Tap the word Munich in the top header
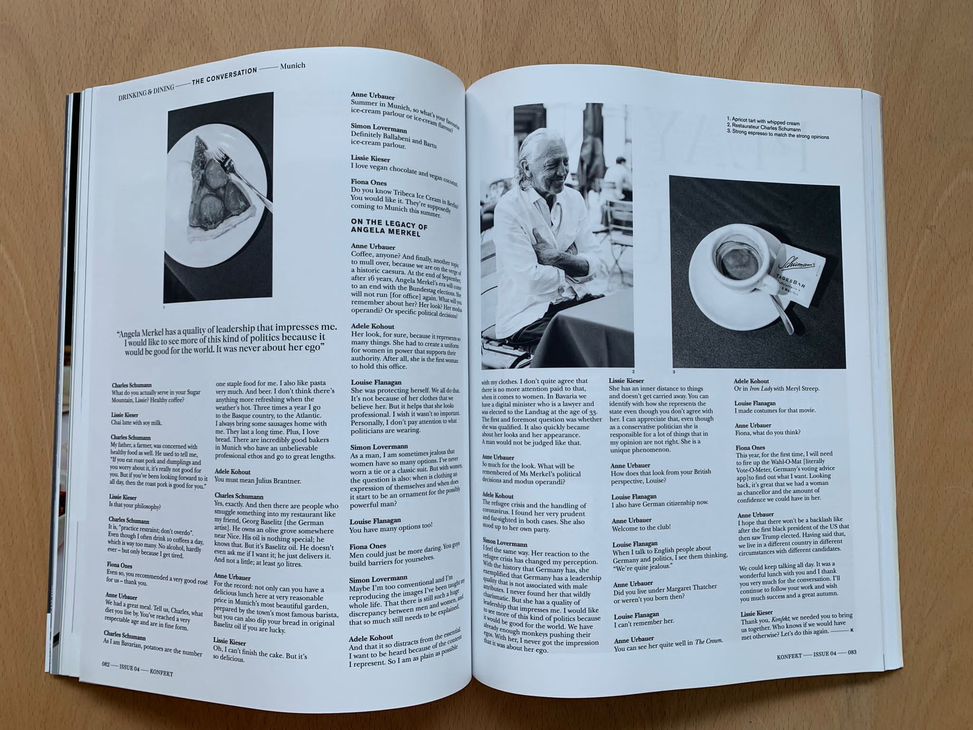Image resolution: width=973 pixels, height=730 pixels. click(x=293, y=66)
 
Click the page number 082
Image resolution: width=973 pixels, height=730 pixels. click(x=105, y=664)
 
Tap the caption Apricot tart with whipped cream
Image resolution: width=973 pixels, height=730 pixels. click(x=763, y=122)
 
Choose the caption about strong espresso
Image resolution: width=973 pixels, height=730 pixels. click(x=778, y=136)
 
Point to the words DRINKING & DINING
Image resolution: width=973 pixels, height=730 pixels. click(x=147, y=91)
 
